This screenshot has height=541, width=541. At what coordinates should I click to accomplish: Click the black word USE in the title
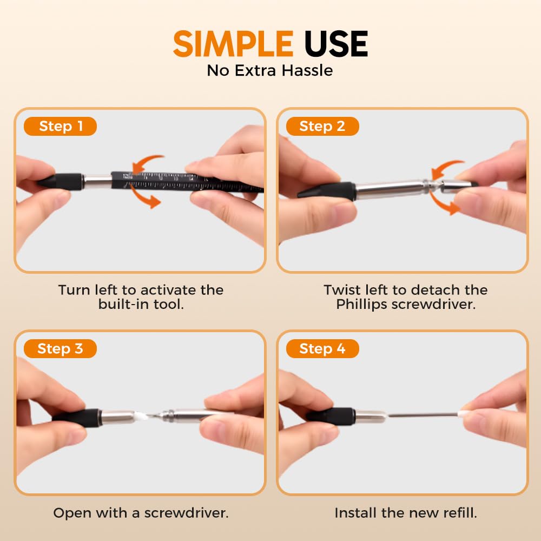[x=336, y=44]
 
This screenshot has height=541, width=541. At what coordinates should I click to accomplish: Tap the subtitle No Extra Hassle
[x=270, y=70]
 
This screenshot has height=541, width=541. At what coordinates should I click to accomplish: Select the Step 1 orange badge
[x=61, y=127]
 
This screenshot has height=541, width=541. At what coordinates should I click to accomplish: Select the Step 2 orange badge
[x=322, y=127]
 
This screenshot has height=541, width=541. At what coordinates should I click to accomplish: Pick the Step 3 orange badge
[x=60, y=349]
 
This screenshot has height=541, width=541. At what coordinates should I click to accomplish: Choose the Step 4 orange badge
[x=322, y=349]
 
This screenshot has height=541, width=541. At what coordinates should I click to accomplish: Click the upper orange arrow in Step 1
[x=149, y=162]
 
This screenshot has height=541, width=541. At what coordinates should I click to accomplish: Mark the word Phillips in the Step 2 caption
[x=361, y=304]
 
